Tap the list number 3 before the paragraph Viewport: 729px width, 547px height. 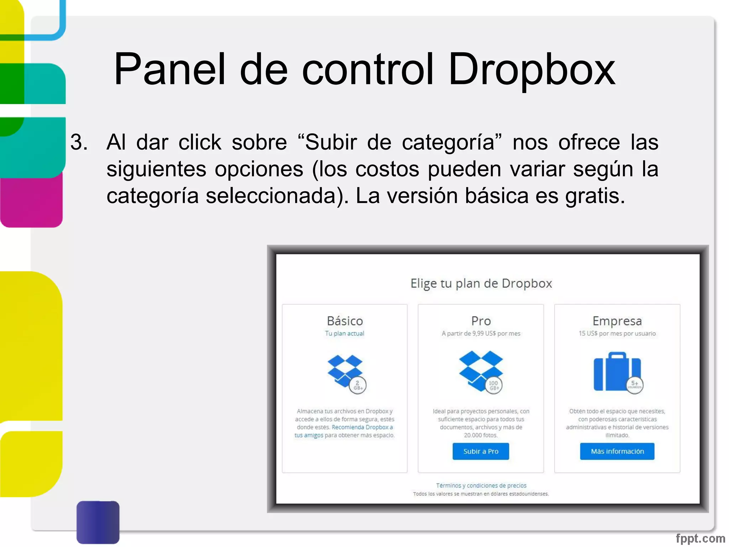click(x=79, y=142)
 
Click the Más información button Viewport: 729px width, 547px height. click(x=617, y=451)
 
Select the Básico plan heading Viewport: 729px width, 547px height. click(x=345, y=321)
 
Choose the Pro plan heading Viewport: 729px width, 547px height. click(x=481, y=321)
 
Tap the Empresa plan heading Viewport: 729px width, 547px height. click(x=617, y=321)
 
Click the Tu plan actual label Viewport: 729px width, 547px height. click(x=344, y=333)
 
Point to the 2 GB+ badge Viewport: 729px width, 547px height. click(x=358, y=385)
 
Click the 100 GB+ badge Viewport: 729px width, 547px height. click(x=494, y=385)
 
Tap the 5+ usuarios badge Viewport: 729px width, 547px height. click(x=635, y=385)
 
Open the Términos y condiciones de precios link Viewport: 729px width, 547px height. click(x=481, y=485)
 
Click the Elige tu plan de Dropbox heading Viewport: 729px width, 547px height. click(x=481, y=283)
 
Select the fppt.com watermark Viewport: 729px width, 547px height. click(x=700, y=538)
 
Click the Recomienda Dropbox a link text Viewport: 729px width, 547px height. click(x=362, y=427)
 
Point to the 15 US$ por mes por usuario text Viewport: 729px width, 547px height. click(x=617, y=333)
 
